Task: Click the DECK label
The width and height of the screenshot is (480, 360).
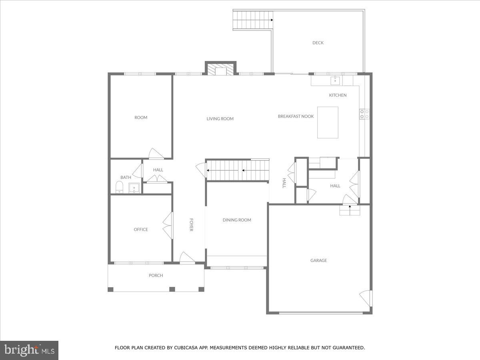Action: pos(318,43)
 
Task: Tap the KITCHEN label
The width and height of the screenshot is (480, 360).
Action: pos(338,95)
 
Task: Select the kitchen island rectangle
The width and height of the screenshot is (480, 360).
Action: pos(328,122)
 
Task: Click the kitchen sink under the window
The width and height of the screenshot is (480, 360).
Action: pos(335,80)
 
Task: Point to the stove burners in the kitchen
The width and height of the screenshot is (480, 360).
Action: pos(364,114)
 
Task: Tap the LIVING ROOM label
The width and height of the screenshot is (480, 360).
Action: pos(220,119)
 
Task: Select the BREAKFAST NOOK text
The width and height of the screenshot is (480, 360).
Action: pos(296,116)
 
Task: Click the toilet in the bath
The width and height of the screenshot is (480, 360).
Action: pos(119,187)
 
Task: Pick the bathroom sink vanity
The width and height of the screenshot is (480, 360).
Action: pos(134,188)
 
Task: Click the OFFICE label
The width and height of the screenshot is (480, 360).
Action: pos(141,230)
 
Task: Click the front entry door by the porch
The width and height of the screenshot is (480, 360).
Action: pos(186,258)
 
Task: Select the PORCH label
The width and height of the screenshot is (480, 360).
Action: pos(156,276)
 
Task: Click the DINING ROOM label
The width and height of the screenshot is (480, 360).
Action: pos(237,220)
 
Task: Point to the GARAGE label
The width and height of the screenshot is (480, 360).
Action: pos(318,260)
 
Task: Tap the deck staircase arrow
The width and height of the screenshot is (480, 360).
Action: pos(271,19)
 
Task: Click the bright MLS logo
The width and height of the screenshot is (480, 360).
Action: pos(29,350)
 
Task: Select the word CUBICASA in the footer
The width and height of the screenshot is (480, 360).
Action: pos(187,348)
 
